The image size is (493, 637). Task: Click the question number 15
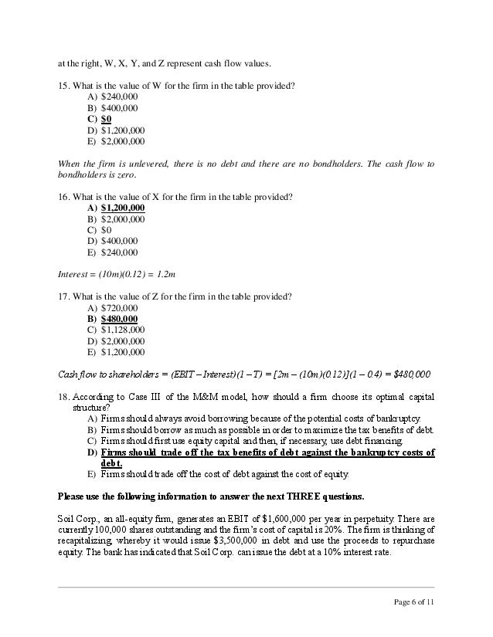pyautogui.click(x=63, y=85)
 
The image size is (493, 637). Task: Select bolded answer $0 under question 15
pyautogui.click(x=106, y=119)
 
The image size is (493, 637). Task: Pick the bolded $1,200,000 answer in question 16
pyautogui.click(x=123, y=208)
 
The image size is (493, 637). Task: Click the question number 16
pyautogui.click(x=63, y=197)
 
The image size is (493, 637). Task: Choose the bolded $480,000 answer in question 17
pyautogui.click(x=120, y=319)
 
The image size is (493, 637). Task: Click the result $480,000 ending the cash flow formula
pyautogui.click(x=412, y=374)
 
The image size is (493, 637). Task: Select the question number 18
pyautogui.click(x=63, y=397)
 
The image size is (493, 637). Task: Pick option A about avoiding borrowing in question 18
pyautogui.click(x=256, y=418)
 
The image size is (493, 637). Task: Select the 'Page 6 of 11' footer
pyautogui.click(x=414, y=601)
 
